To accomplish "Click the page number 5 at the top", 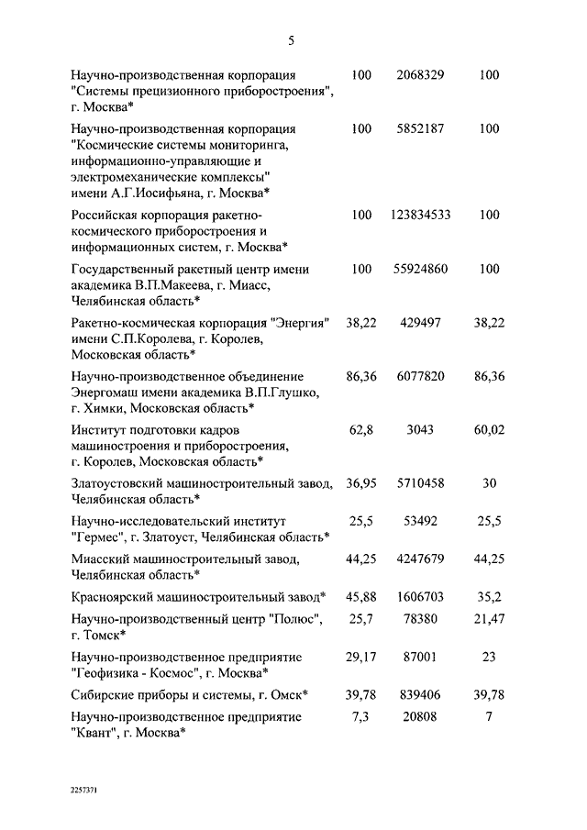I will click(292, 40).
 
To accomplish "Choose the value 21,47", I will click(489, 620).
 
